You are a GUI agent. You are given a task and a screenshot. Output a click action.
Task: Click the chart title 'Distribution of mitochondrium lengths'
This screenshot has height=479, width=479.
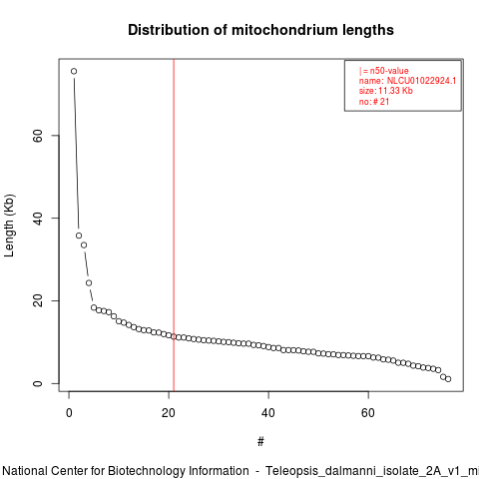[260, 30]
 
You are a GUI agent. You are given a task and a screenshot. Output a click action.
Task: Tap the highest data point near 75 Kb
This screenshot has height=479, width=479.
[74, 71]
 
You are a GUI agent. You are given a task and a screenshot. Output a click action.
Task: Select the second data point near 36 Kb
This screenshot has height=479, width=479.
[79, 236]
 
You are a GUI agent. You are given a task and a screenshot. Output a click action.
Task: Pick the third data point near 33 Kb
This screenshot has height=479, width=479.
[84, 245]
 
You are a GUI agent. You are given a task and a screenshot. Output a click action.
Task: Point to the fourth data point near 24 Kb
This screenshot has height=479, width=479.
[89, 283]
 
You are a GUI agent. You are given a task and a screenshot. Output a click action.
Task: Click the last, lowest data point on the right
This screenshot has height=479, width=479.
[448, 379]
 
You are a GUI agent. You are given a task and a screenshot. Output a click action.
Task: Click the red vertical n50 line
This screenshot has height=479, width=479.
[174, 226]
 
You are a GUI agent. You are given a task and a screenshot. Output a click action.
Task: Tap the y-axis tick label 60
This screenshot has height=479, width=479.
[38, 136]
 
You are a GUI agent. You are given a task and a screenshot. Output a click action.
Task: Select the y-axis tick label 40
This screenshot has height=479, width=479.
[38, 218]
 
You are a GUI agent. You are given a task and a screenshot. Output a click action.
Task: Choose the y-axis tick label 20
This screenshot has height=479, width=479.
[38, 300]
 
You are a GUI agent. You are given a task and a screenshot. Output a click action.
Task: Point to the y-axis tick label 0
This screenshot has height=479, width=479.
[38, 383]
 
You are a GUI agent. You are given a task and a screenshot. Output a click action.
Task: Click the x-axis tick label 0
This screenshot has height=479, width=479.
[69, 413]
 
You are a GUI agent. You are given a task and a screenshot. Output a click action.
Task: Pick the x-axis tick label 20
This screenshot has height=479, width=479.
[169, 413]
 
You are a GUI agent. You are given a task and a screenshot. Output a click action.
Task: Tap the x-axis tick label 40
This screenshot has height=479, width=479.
[268, 413]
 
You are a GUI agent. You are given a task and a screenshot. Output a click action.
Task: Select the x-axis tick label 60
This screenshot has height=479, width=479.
[368, 413]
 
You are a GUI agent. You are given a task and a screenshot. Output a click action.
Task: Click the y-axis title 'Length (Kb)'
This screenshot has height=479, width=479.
[9, 226]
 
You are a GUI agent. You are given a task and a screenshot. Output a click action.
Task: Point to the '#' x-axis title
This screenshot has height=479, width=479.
[260, 442]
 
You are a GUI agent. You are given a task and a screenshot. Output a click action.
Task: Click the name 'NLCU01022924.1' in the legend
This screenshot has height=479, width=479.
[421, 81]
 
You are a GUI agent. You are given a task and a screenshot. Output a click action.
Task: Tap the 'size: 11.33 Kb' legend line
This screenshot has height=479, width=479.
[386, 91]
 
